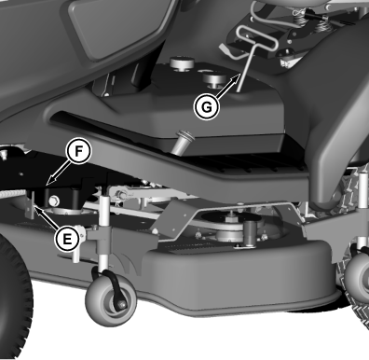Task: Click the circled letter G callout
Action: click(206, 107)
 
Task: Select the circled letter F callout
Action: click(78, 151)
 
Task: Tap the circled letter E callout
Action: click(67, 240)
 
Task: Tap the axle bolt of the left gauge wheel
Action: click(122, 306)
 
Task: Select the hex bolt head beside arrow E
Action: click(54, 201)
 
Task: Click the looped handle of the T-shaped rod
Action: click(256, 39)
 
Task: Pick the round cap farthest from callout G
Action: click(182, 63)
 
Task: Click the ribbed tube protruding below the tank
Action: click(182, 142)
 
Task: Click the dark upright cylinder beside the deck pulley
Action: click(250, 233)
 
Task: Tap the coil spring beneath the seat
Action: click(300, 20)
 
